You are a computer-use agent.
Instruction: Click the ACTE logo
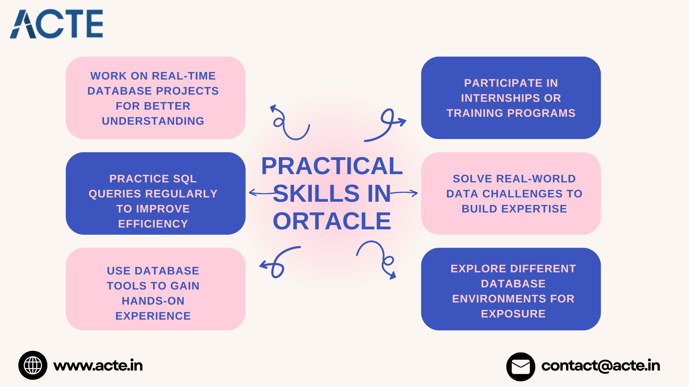click(x=56, y=24)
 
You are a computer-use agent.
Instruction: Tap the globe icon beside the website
click(x=33, y=365)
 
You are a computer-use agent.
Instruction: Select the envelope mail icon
click(x=521, y=367)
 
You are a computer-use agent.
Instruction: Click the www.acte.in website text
click(x=98, y=365)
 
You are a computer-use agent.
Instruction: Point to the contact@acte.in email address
click(x=601, y=365)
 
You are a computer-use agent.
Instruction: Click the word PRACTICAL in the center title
click(x=332, y=166)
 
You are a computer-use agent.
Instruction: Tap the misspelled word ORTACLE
click(x=332, y=221)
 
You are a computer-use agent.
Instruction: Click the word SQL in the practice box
click(x=185, y=178)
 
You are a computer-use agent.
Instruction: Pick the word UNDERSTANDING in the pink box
click(x=153, y=121)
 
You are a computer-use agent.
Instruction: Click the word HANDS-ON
click(x=153, y=301)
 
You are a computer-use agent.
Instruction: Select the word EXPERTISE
click(x=534, y=209)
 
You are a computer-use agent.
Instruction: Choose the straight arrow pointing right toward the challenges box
click(x=404, y=193)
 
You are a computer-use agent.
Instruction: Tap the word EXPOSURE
click(x=513, y=314)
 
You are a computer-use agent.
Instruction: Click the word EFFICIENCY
click(x=153, y=224)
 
